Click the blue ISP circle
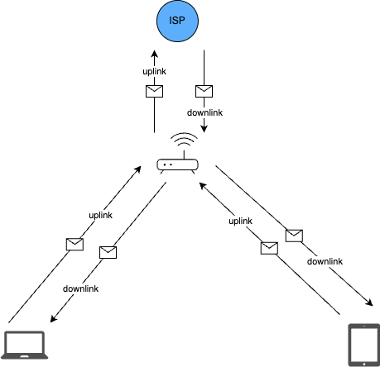pos(178,20)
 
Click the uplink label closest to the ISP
pos(155,72)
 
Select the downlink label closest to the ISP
pos(204,112)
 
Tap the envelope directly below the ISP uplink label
pos(154,91)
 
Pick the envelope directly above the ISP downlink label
pos(204,91)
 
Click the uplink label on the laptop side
pos(100,215)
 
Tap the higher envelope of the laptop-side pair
pos(75,244)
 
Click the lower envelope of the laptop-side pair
pos(108,252)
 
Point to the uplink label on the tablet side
pos(240,221)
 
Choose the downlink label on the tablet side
pos(325,261)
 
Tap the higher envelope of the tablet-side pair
pos(294,236)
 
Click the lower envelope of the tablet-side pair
pos(269,248)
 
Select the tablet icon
pos(363,345)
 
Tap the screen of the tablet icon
pos(363,342)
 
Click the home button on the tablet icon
pos(363,361)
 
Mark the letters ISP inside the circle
pos(178,20)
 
